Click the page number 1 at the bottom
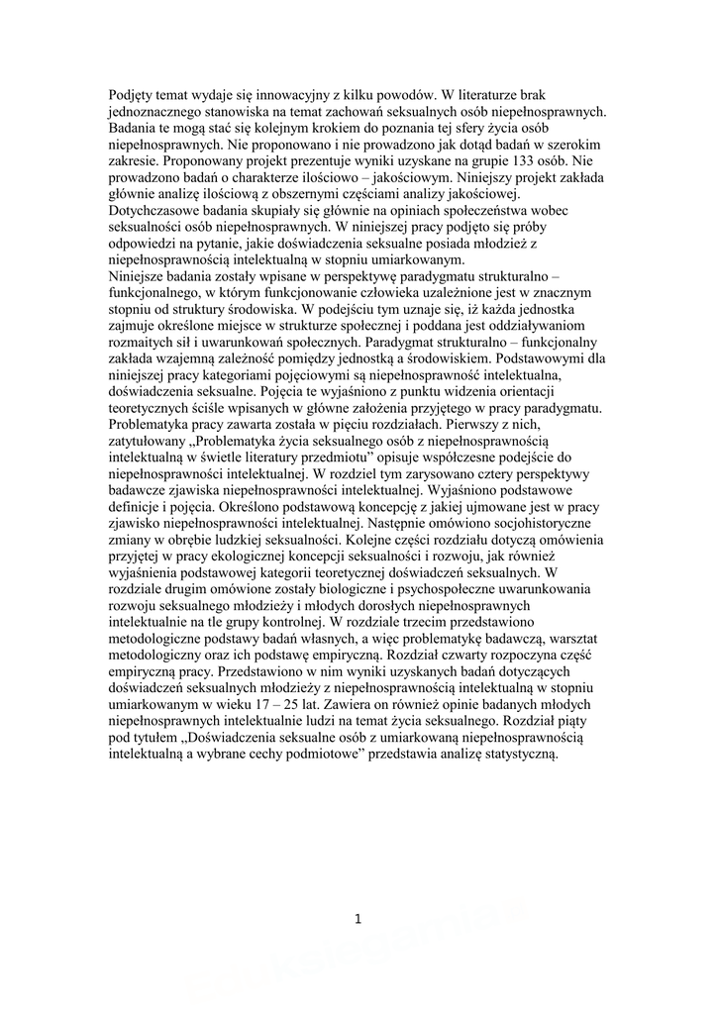coord(358,919)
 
